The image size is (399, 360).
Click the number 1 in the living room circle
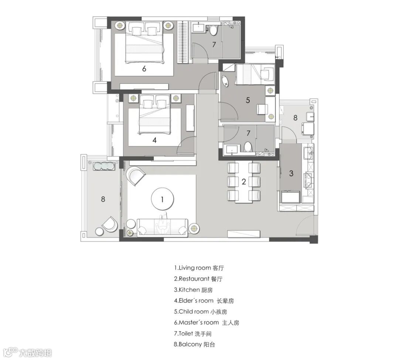pyautogui.click(x=162, y=200)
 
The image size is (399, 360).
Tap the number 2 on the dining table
pyautogui.click(x=244, y=182)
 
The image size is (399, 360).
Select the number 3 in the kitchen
pyautogui.click(x=291, y=174)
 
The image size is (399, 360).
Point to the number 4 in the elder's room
pyautogui.click(x=154, y=140)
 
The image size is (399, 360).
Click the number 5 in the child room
pyautogui.click(x=248, y=100)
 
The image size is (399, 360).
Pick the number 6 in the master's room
pyautogui.click(x=144, y=69)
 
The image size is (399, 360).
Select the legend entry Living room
pyautogui.click(x=199, y=268)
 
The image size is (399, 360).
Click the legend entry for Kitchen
pyautogui.click(x=193, y=290)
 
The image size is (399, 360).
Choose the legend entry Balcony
pyautogui.click(x=194, y=344)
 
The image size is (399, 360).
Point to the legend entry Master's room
pyautogui.click(x=207, y=323)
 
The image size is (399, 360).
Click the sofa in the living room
pyautogui.click(x=162, y=227)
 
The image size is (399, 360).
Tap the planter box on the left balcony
pyautogui.click(x=103, y=166)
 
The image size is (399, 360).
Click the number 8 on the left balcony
pyautogui.click(x=103, y=199)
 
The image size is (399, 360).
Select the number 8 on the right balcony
pyautogui.click(x=295, y=118)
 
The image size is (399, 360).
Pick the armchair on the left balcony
pyautogui.click(x=110, y=224)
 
